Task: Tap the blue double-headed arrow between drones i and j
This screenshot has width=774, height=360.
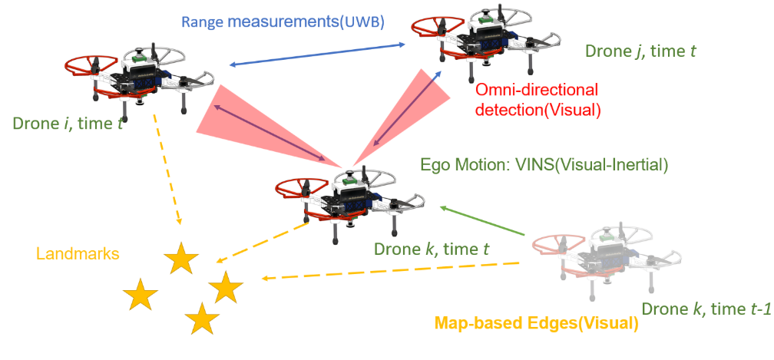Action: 318,56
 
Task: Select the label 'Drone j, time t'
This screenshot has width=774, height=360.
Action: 640,51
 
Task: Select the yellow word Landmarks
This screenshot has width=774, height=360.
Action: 78,253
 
